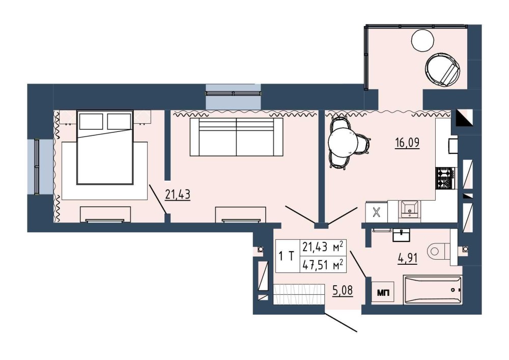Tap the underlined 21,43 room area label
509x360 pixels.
(178, 195)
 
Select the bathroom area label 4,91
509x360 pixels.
(407, 258)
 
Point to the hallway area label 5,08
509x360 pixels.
(343, 290)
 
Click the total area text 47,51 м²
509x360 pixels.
(323, 265)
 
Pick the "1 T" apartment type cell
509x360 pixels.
(287, 256)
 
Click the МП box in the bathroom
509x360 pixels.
(382, 293)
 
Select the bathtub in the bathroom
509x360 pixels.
(432, 290)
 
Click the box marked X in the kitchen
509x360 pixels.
(377, 212)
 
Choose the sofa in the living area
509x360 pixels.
(236, 137)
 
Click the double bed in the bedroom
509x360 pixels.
(105, 147)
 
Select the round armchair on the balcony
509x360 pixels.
(443, 70)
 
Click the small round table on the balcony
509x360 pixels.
(422, 40)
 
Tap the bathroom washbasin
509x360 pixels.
(401, 235)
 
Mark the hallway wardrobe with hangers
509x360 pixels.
(299, 294)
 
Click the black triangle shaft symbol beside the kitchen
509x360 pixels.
(462, 118)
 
